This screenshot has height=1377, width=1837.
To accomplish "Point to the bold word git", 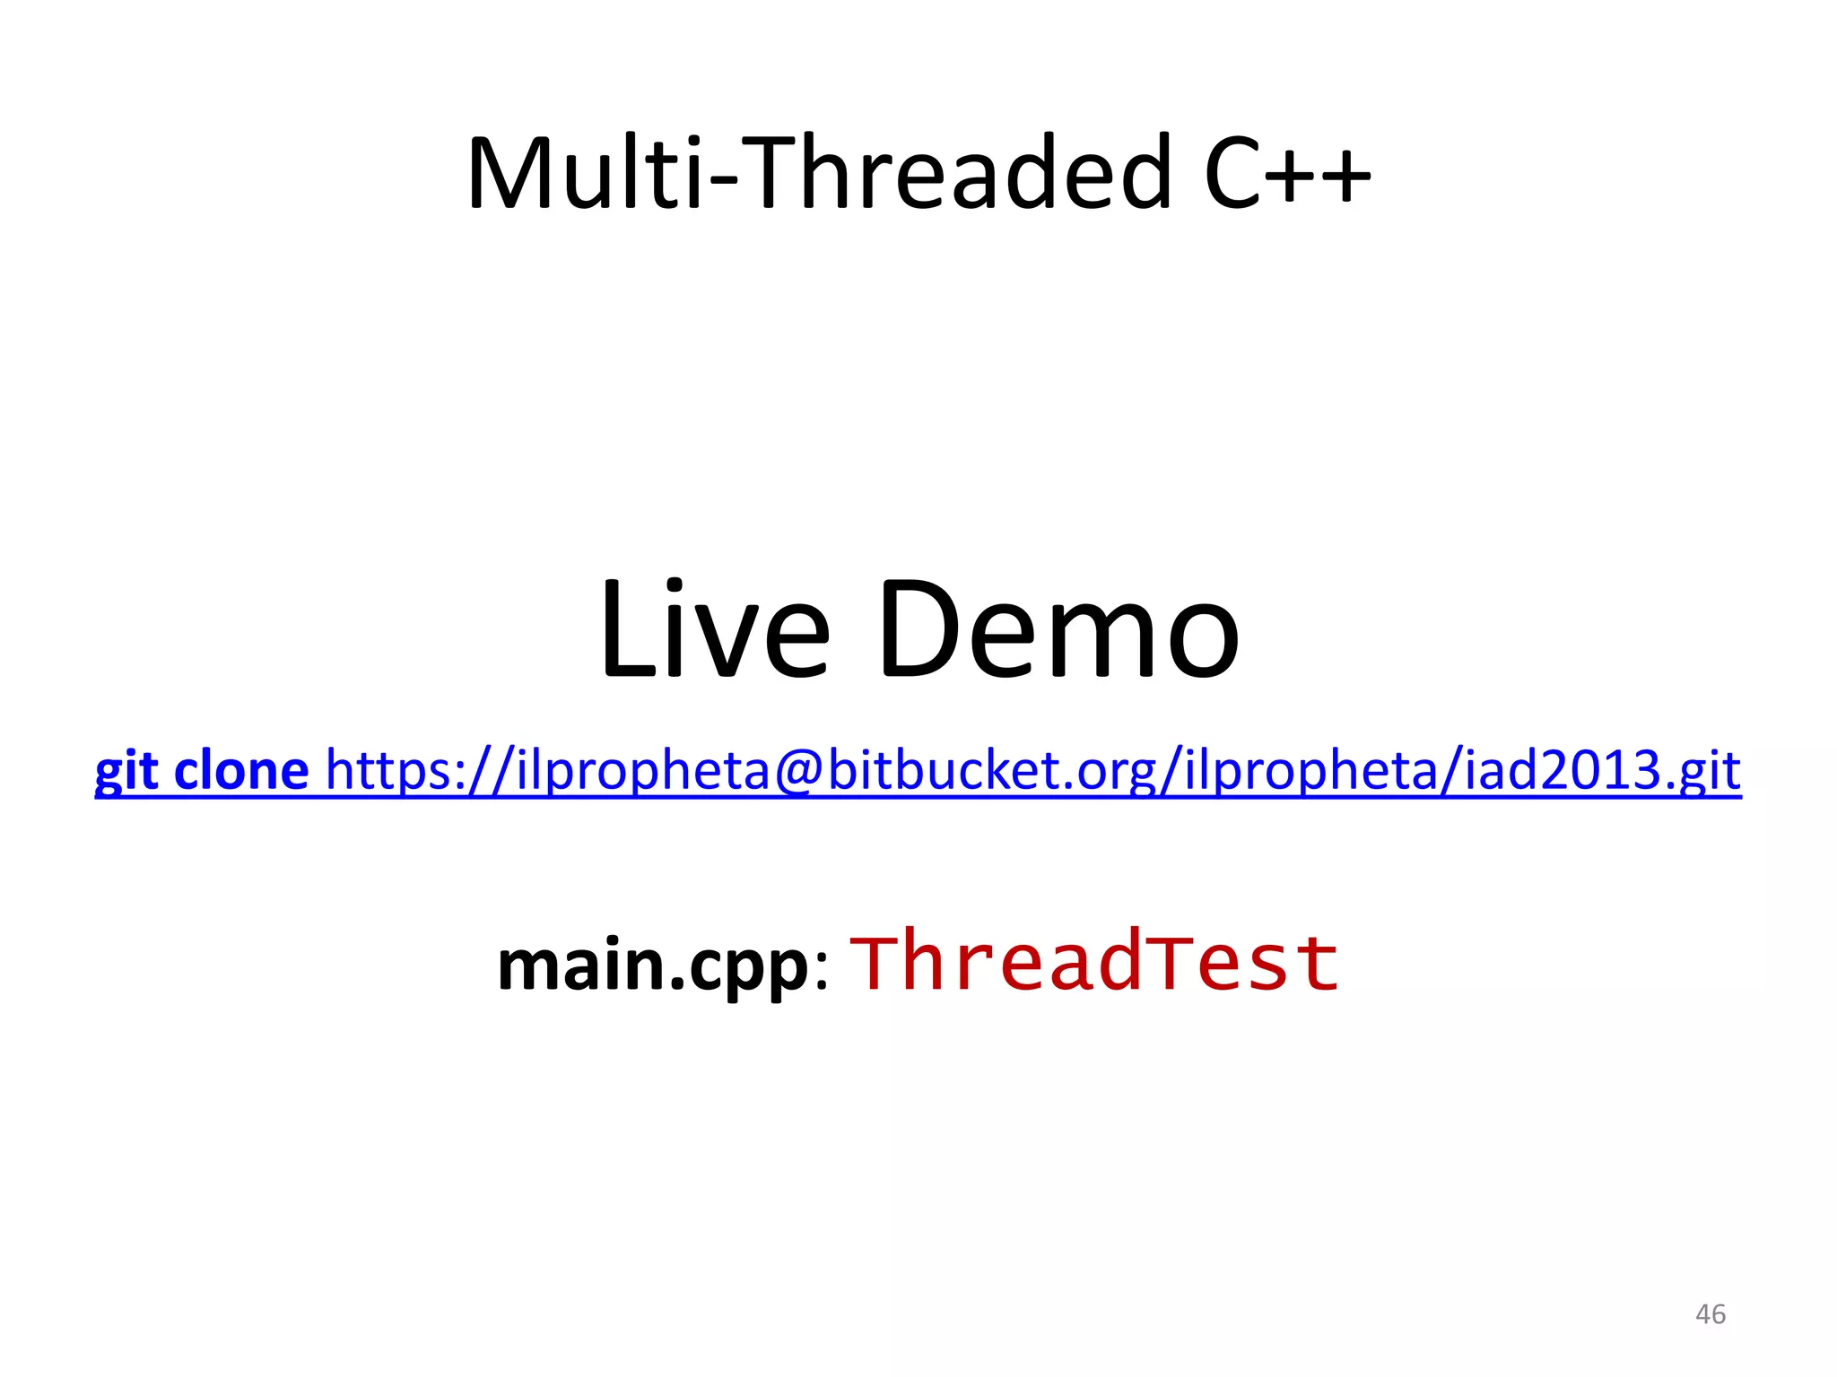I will click(126, 771).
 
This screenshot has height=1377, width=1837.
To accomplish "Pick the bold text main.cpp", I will click(653, 966).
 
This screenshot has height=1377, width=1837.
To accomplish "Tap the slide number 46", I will click(1710, 1314).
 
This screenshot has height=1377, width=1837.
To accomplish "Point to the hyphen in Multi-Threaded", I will click(723, 180).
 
